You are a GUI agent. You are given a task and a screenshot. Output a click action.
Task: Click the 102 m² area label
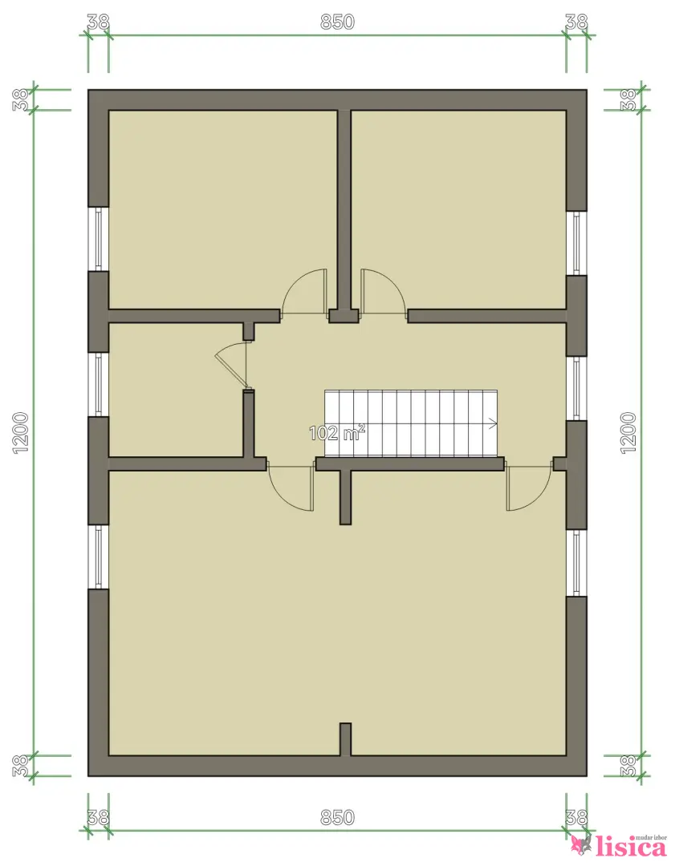pos(336,432)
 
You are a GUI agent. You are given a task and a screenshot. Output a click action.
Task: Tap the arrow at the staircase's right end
pos(493,423)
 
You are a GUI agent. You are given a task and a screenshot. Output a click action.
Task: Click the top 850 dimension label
pos(337,22)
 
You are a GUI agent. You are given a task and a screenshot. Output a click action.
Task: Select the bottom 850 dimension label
pos(337,817)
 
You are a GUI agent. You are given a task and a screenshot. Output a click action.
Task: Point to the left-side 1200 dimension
pos(20,433)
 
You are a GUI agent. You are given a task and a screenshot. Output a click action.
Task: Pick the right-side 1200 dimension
pos(628,433)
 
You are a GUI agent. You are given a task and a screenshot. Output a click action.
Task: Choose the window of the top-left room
pos(99,239)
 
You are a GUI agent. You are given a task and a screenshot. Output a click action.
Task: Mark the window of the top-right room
pos(576,242)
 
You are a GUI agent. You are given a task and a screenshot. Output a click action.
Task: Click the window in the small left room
pos(99,384)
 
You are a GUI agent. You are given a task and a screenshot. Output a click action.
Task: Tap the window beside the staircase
pos(576,388)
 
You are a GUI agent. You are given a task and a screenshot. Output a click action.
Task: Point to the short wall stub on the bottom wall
pos(345,739)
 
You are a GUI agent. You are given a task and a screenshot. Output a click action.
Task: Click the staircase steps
pos(411,423)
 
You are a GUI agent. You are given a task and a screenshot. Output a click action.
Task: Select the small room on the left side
pos(176,390)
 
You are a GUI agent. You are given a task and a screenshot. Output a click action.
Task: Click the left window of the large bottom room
pos(99,556)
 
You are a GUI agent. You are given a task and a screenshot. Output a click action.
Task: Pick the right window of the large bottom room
pos(576,563)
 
